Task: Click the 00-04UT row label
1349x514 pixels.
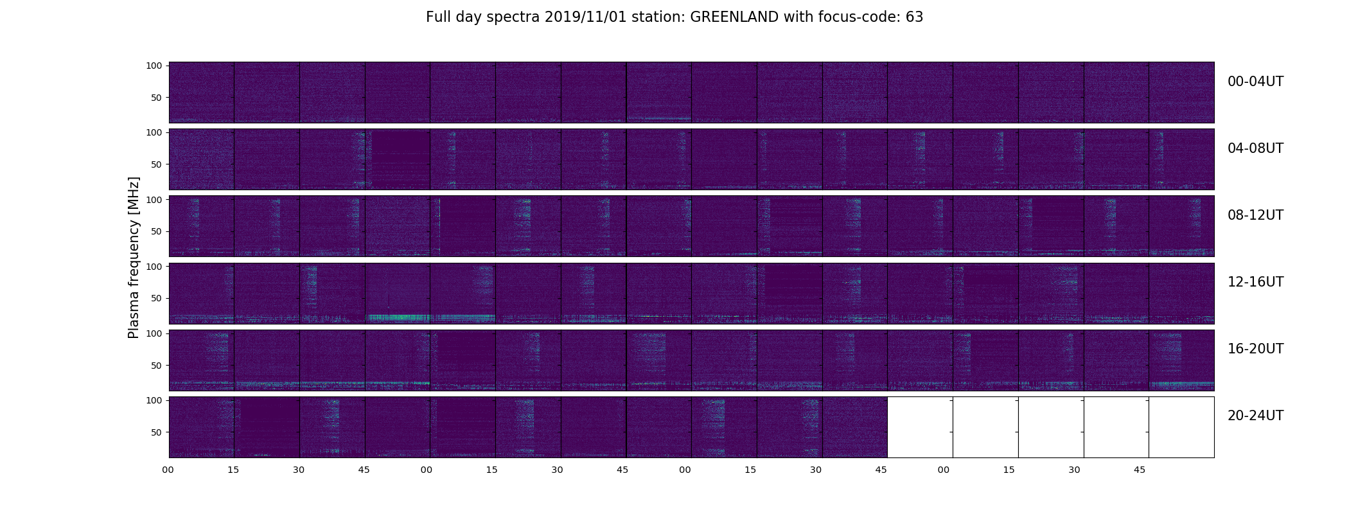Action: click(1255, 82)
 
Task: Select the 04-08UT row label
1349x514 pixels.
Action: click(1255, 148)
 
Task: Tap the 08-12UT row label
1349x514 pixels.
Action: click(1255, 215)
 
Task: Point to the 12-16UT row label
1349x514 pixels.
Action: click(1255, 282)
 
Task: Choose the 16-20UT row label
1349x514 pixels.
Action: click(1255, 349)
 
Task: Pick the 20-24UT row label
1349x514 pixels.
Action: click(1255, 416)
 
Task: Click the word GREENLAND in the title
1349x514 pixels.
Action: click(735, 17)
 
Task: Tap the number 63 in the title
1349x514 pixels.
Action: click(914, 17)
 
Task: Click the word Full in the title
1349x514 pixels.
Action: click(437, 17)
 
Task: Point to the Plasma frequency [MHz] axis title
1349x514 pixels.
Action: click(134, 258)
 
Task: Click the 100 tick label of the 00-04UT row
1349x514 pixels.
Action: click(154, 66)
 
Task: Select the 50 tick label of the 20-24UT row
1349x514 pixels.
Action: click(157, 432)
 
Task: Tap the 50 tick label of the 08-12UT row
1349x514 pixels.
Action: click(157, 231)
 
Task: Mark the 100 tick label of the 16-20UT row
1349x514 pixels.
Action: click(154, 333)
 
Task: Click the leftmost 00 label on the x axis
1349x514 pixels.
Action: click(168, 470)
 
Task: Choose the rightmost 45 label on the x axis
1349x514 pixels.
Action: click(1140, 470)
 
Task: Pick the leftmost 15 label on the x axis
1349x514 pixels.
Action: click(233, 470)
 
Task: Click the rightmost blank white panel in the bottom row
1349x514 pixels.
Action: click(1181, 427)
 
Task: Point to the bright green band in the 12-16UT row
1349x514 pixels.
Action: click(431, 317)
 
